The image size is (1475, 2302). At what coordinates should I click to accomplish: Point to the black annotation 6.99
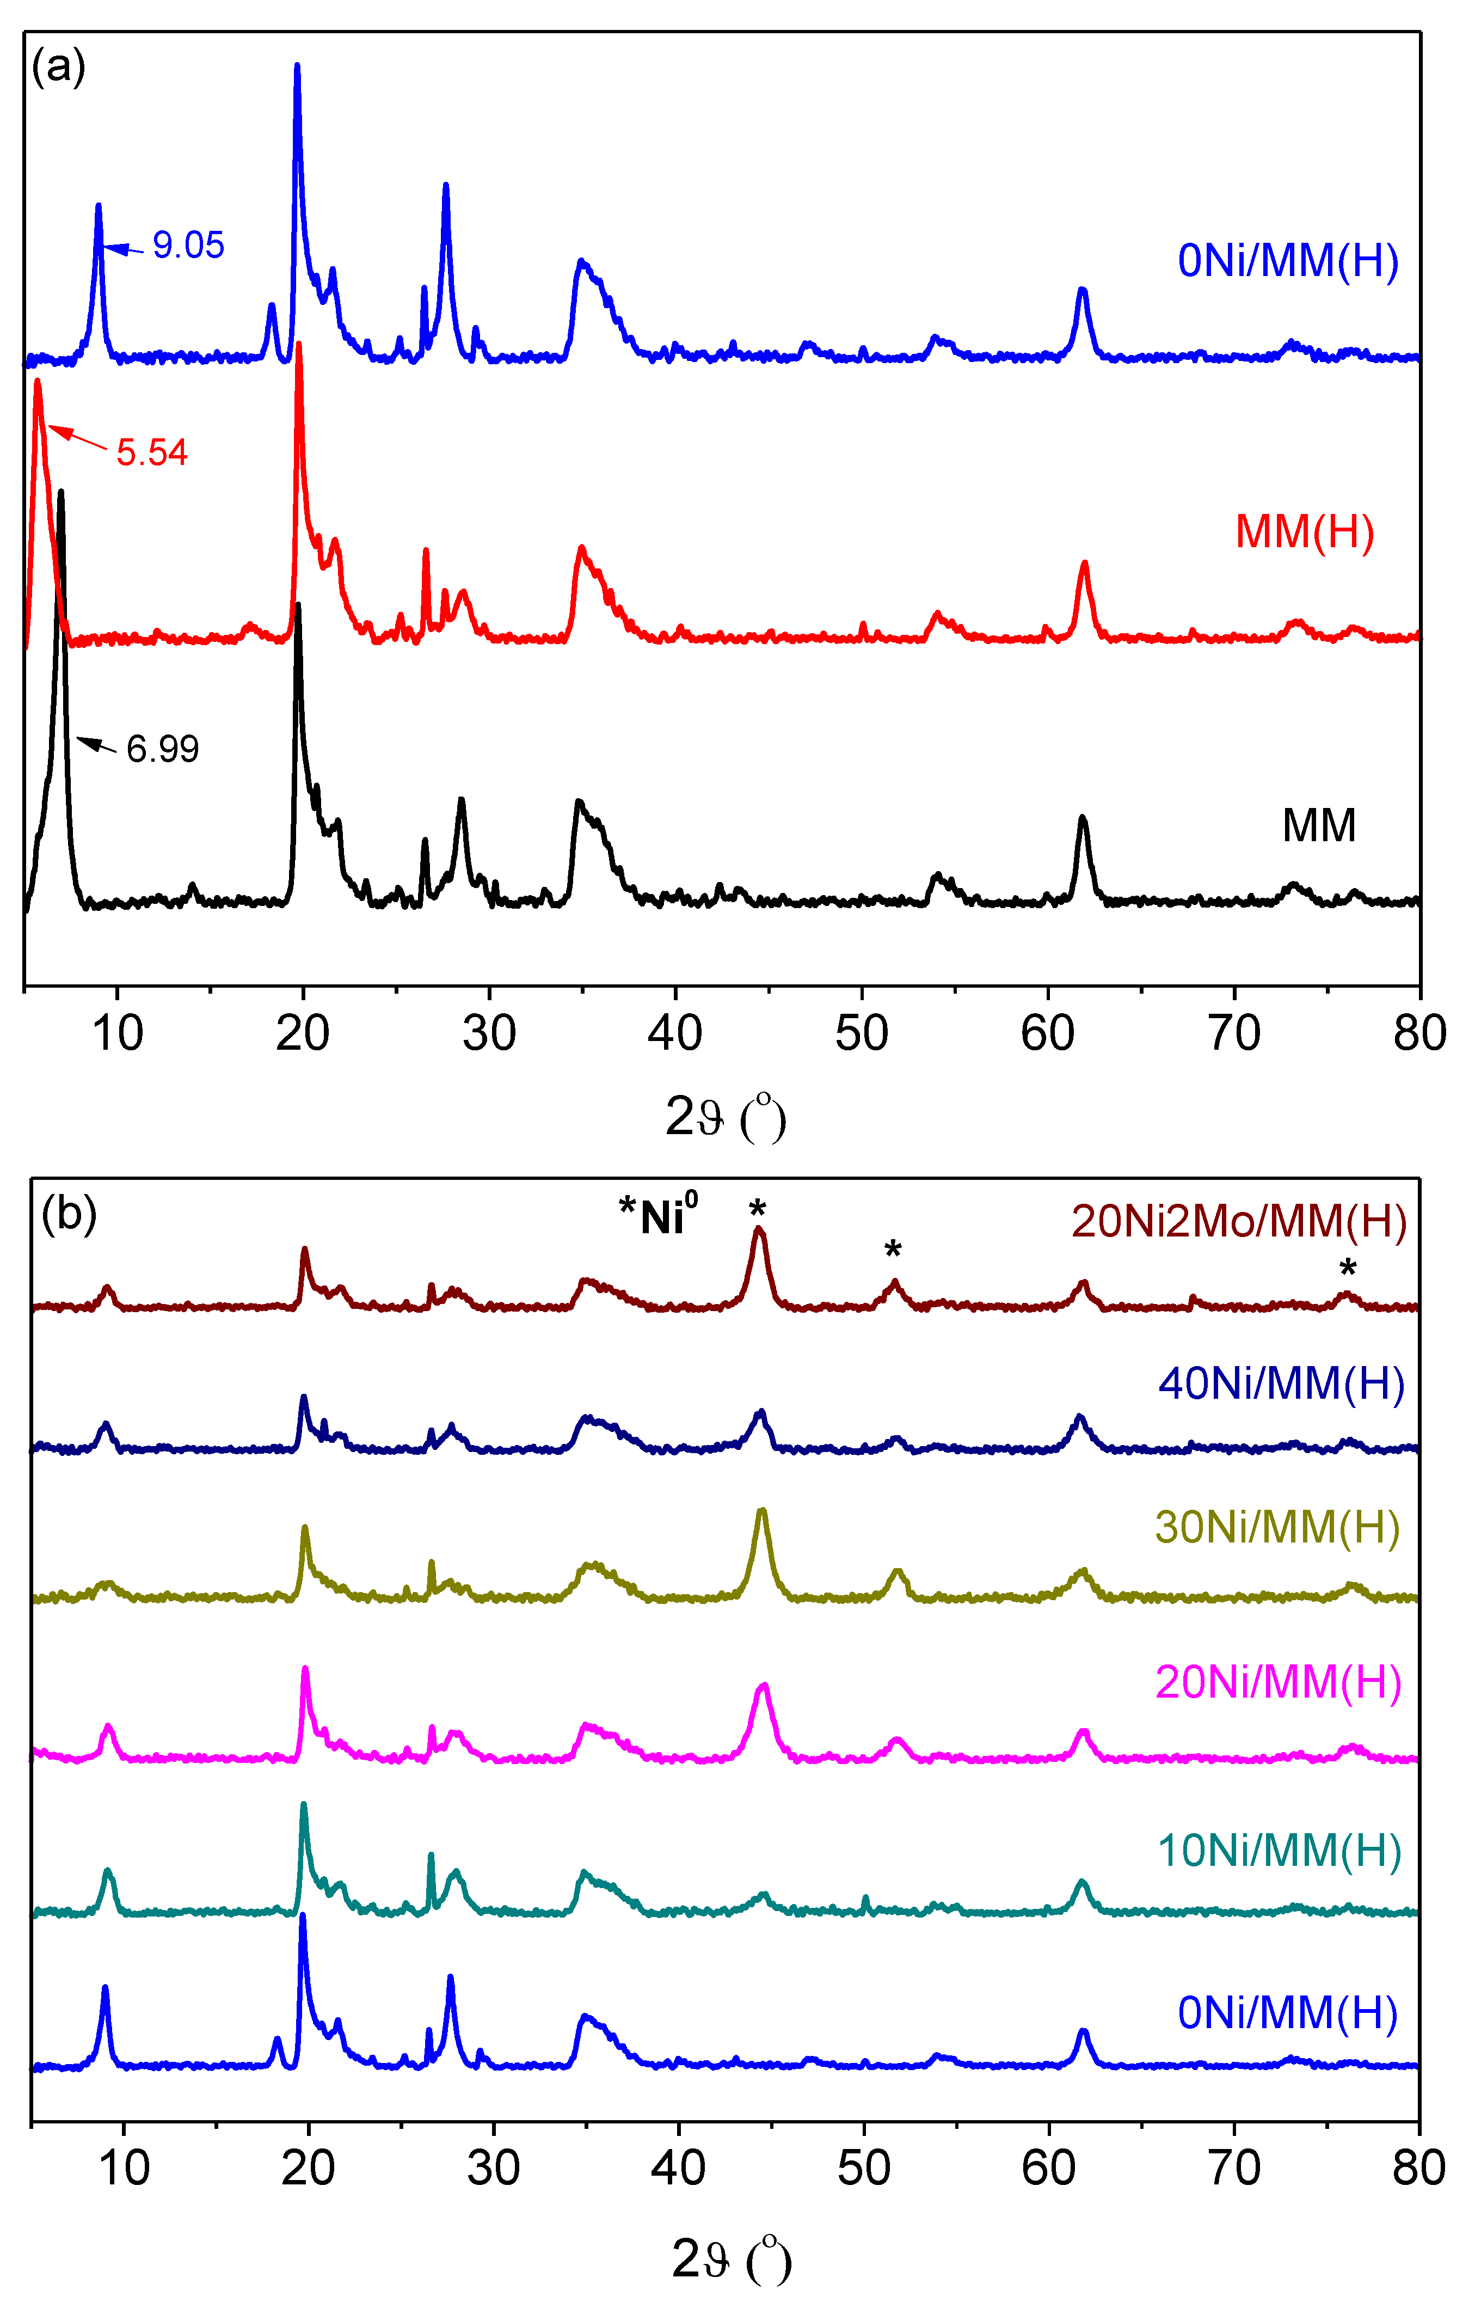(163, 749)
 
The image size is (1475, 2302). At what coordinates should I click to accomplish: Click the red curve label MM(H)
(1305, 532)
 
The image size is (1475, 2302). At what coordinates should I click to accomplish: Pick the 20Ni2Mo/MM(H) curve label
(1238, 1221)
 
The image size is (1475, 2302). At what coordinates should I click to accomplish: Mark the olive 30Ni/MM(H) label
(1277, 1527)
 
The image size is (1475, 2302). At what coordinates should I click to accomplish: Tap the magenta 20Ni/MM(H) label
(1277, 1682)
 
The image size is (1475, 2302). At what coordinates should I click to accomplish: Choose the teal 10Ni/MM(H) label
(1280, 1850)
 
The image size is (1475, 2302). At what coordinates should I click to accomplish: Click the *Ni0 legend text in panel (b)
(659, 1215)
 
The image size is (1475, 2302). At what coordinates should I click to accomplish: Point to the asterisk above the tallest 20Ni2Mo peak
(758, 1210)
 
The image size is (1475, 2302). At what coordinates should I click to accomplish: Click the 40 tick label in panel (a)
(675, 1033)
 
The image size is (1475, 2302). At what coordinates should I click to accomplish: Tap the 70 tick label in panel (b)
(1234, 2168)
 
